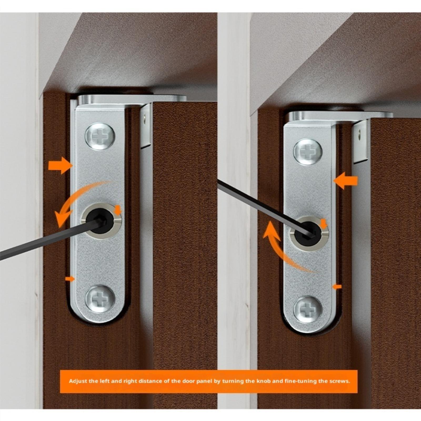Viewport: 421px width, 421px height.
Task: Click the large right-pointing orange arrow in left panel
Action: pyautogui.click(x=61, y=166)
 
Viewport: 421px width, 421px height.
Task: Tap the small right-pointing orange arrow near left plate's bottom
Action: pyautogui.click(x=70, y=279)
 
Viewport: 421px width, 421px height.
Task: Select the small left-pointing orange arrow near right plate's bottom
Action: pyautogui.click(x=337, y=287)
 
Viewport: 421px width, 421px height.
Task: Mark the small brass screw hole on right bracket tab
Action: pyautogui.click(x=360, y=136)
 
